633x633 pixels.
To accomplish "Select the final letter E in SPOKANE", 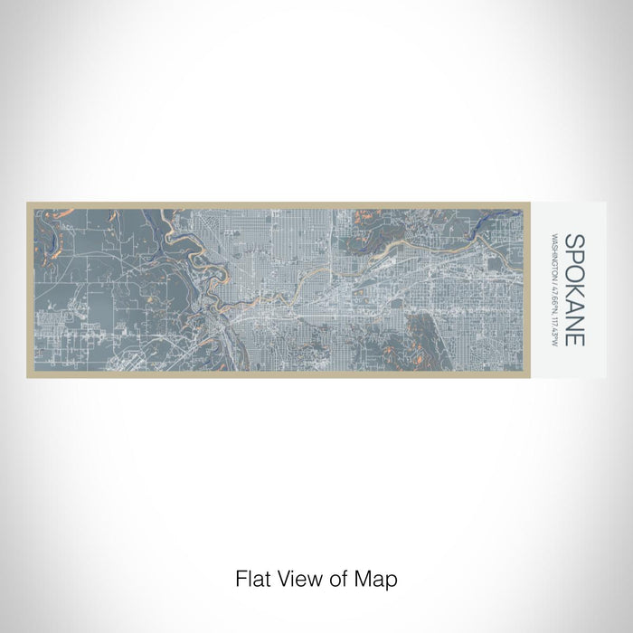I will click(x=574, y=340).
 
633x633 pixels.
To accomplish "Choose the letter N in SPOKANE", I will click(x=574, y=324).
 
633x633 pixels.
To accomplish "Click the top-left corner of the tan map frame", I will click(x=28, y=203).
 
